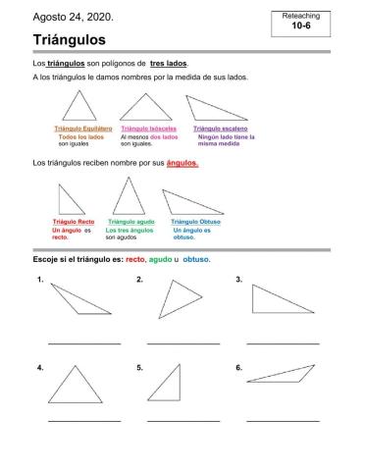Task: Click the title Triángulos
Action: [70, 39]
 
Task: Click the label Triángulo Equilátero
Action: [80, 129]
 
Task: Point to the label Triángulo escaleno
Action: [220, 129]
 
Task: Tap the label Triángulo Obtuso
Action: [195, 223]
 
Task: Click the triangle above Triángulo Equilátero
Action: [81, 106]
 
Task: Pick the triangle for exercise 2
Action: [178, 296]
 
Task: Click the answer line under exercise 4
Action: [83, 420]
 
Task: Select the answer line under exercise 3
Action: [283, 343]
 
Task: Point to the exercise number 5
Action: [140, 368]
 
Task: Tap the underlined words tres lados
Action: [168, 63]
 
